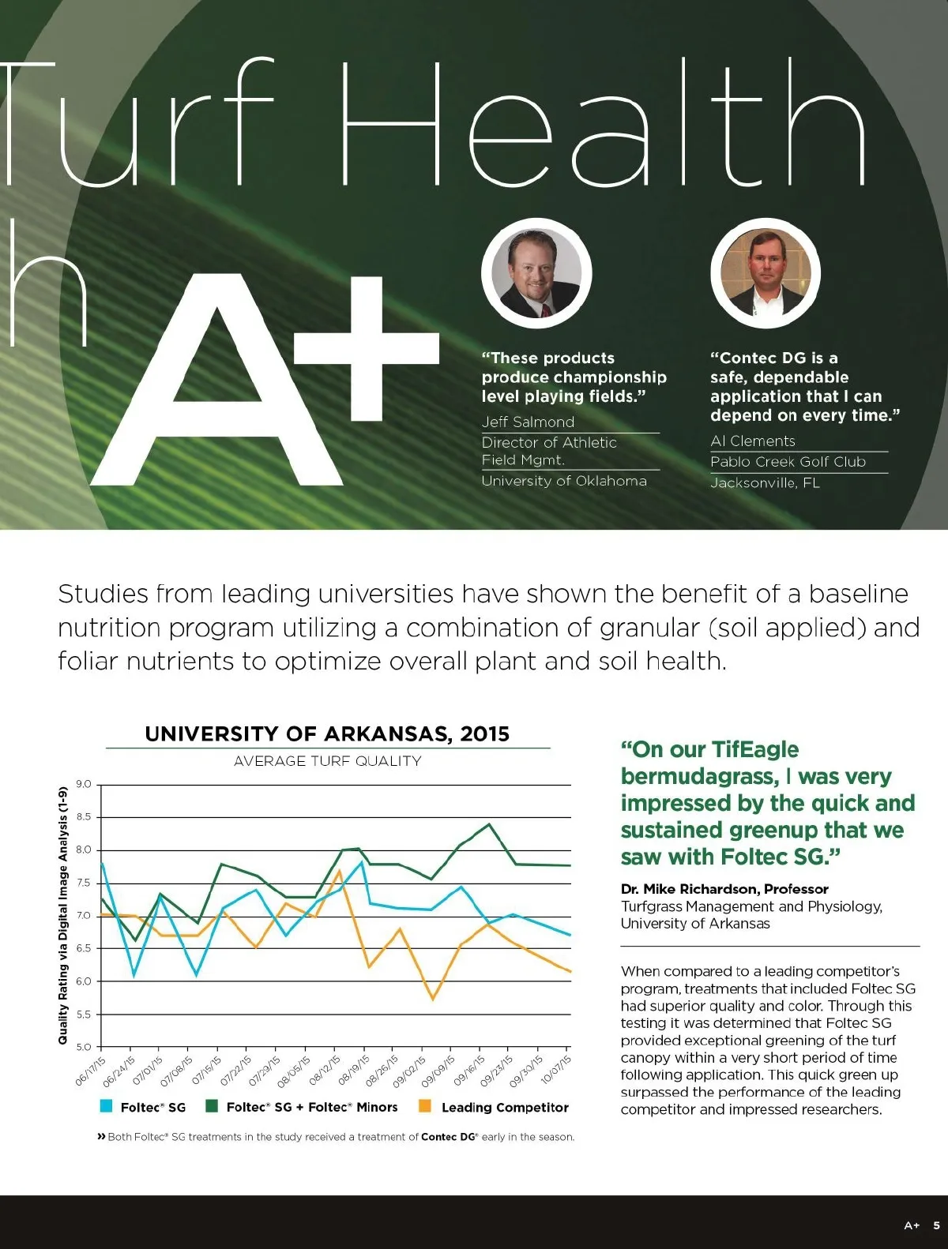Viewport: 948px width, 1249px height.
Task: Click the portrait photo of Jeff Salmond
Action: coord(536,273)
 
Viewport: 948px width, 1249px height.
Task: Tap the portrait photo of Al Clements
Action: coord(765,273)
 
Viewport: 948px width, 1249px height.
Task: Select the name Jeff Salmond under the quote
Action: coord(528,422)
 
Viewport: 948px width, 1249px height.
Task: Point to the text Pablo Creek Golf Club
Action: coord(788,462)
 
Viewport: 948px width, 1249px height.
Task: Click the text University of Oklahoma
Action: coord(564,481)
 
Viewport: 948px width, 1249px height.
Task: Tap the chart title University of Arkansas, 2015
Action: coord(327,734)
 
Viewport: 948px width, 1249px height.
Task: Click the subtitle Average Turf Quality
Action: coord(327,761)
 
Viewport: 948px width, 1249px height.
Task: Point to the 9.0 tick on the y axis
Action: coord(84,785)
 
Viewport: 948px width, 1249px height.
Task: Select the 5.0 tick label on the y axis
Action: coord(84,1047)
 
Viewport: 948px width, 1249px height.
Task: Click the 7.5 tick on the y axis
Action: coord(84,883)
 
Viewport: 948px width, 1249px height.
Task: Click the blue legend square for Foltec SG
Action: coord(106,1107)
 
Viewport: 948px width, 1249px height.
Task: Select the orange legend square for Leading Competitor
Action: coord(425,1107)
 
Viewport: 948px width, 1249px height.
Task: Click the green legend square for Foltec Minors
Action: coord(212,1107)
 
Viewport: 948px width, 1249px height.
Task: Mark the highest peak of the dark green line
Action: coord(490,824)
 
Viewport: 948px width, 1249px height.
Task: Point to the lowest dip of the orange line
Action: coord(433,1000)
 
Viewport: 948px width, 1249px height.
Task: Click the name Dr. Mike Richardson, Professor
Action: coord(724,889)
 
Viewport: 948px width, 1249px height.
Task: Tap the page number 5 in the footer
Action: coord(936,1225)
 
